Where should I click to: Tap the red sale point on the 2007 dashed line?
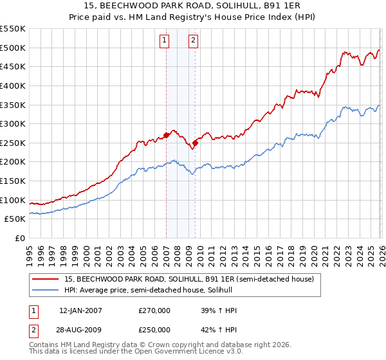[x=166, y=135]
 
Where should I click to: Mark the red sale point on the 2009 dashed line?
[x=195, y=143]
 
